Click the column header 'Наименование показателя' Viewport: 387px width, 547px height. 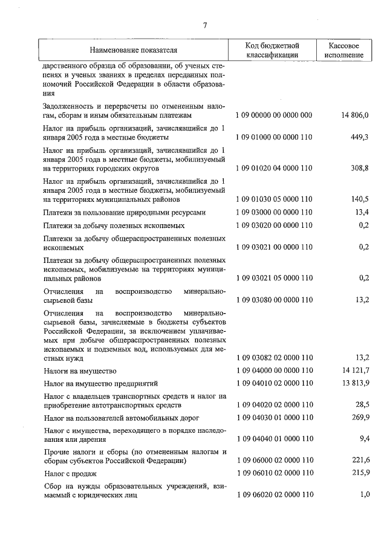click(x=134, y=50)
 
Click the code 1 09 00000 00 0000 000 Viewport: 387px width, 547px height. click(x=273, y=114)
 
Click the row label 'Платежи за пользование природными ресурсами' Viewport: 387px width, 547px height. click(x=125, y=212)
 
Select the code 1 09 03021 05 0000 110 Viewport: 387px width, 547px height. click(x=273, y=279)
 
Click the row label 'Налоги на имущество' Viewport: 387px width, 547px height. click(x=80, y=370)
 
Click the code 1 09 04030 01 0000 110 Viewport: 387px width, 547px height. click(x=273, y=418)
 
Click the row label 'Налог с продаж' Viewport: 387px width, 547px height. click(x=70, y=473)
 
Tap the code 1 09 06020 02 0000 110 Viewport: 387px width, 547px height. click(x=273, y=495)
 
